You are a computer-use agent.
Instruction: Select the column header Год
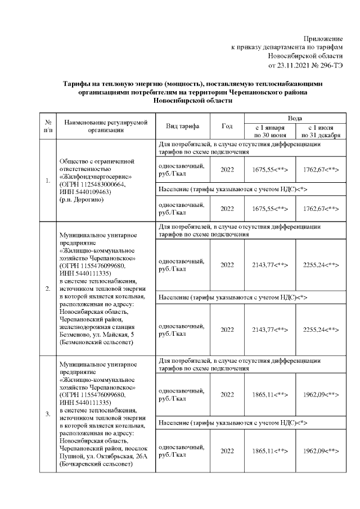(x=227, y=126)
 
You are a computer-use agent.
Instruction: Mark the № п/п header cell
(x=48, y=125)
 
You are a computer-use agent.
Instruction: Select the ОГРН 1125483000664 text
(x=92, y=184)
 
